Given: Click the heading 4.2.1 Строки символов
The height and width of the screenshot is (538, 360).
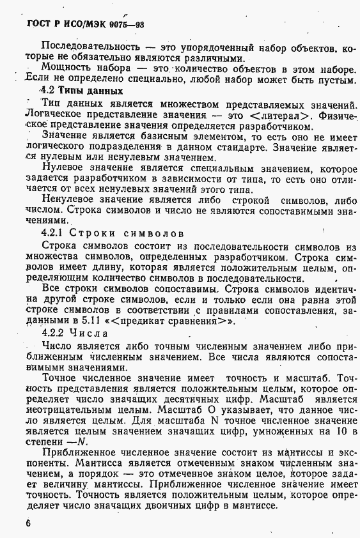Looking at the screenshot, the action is pos(112,233).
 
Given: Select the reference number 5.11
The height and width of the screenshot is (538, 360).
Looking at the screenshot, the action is pos(82,321).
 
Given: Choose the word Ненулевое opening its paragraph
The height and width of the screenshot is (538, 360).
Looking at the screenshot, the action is pos(71,199).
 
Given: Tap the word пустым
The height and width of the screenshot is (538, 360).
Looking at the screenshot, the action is pos(333,80).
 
